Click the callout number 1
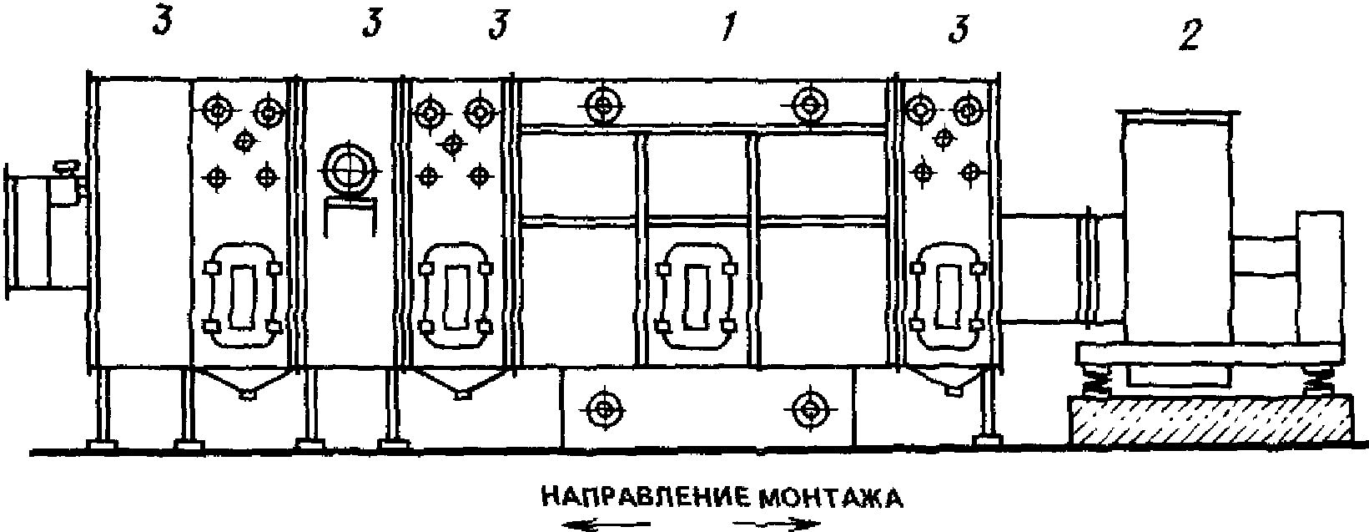(x=727, y=30)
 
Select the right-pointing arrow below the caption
(x=776, y=524)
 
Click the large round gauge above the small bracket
(x=346, y=171)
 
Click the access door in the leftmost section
(x=241, y=296)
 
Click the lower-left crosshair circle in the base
(x=601, y=409)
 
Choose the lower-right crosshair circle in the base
(x=808, y=409)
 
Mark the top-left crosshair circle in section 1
(x=601, y=105)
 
